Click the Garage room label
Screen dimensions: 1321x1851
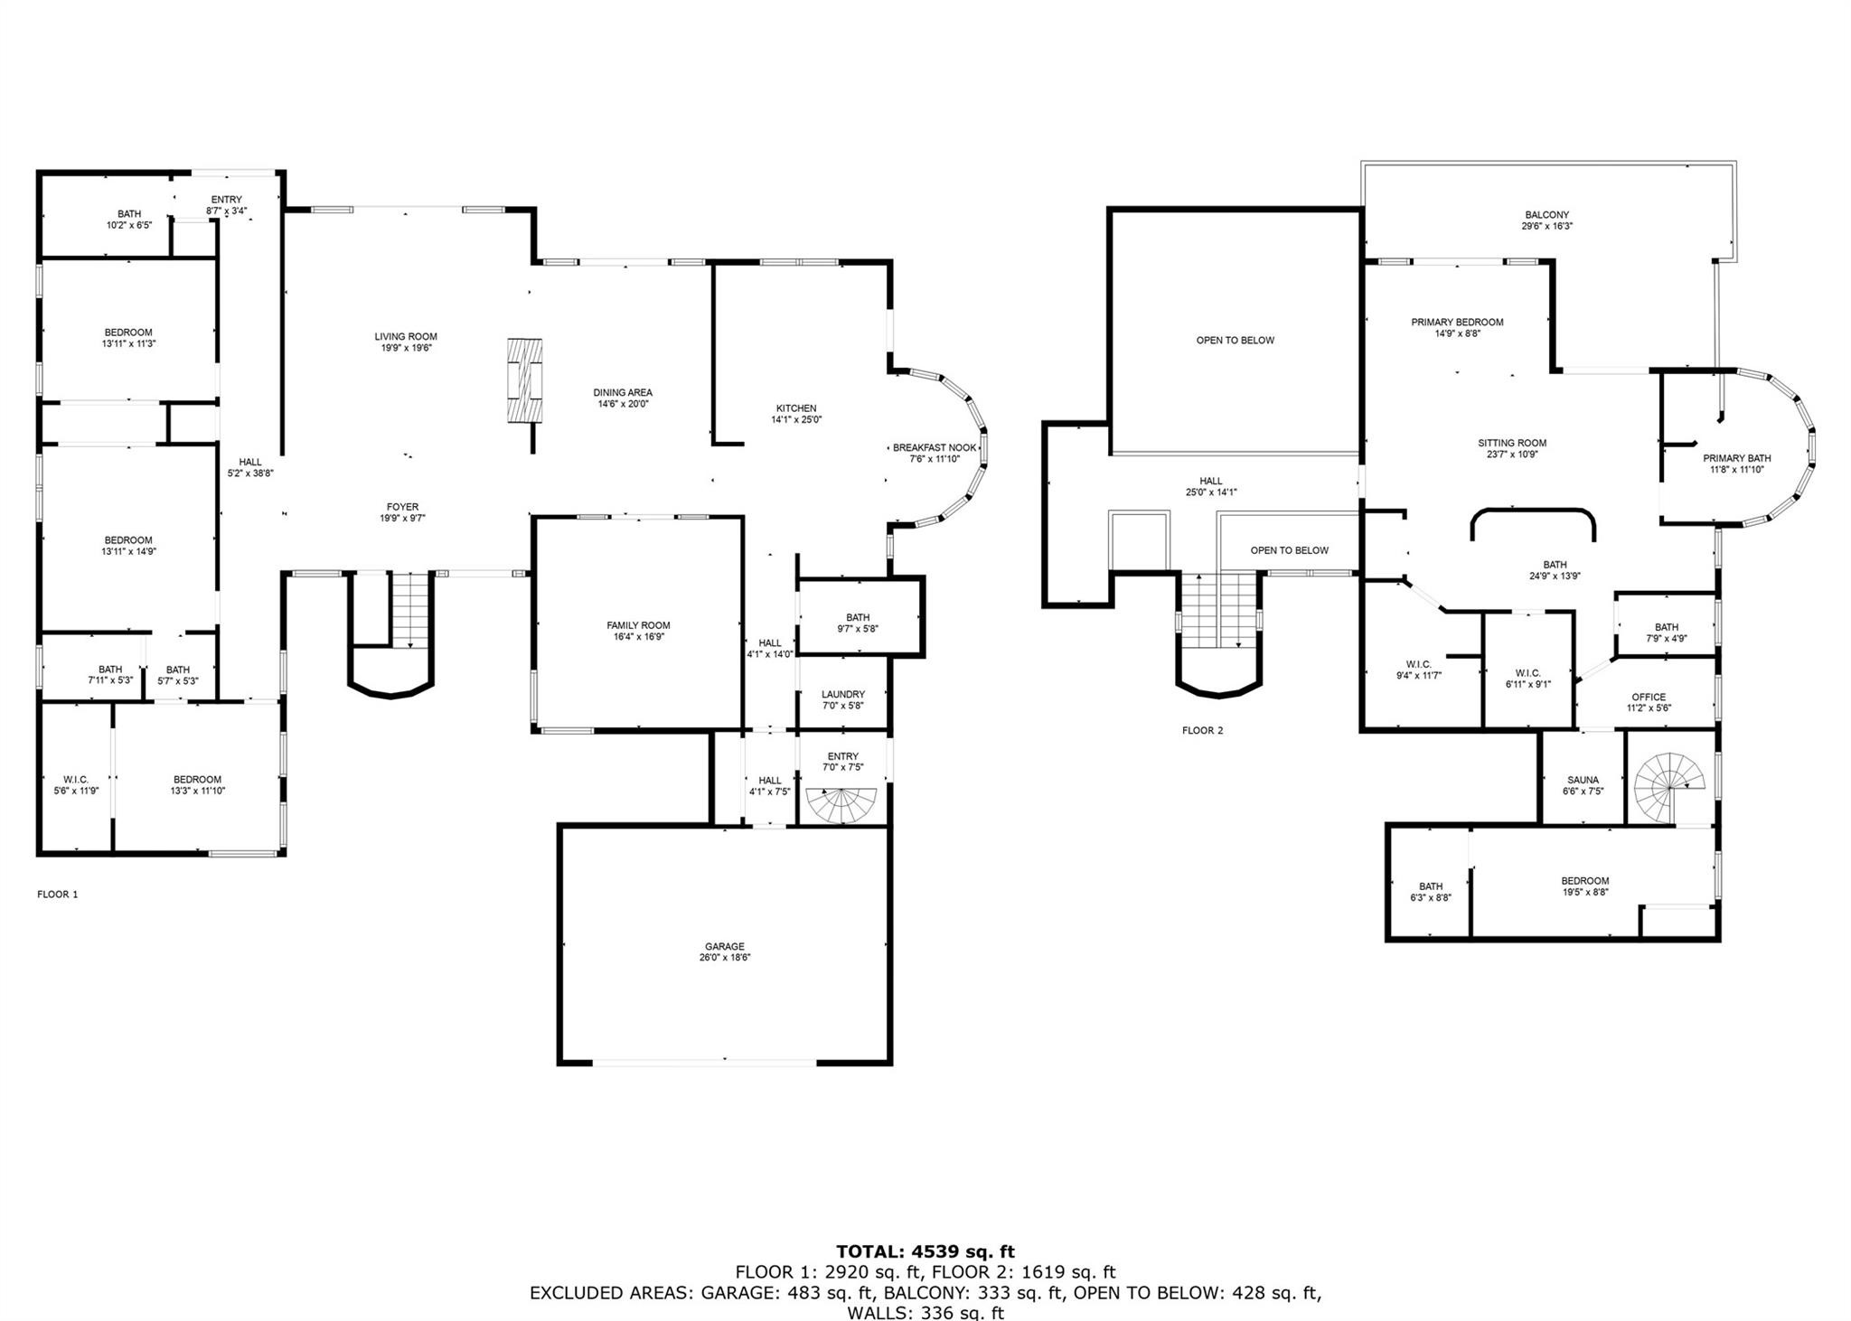724,946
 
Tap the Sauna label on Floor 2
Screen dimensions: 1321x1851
1583,780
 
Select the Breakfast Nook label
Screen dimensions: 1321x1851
935,447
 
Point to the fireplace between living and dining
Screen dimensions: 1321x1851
525,379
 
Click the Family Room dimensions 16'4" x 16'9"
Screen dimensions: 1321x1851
638,637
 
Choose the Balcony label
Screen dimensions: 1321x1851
1546,215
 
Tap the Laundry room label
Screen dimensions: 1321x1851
842,694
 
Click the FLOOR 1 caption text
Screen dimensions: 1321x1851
58,895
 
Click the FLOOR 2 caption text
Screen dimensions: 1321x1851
1202,730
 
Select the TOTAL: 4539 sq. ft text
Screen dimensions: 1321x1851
925,1251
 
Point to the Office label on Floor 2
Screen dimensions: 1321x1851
1649,697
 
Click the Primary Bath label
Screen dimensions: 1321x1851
1736,458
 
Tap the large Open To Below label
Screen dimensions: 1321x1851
1235,341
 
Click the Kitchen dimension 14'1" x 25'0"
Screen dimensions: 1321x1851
795,419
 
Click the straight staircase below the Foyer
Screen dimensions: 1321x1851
411,611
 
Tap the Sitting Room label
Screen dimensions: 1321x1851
1512,443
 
